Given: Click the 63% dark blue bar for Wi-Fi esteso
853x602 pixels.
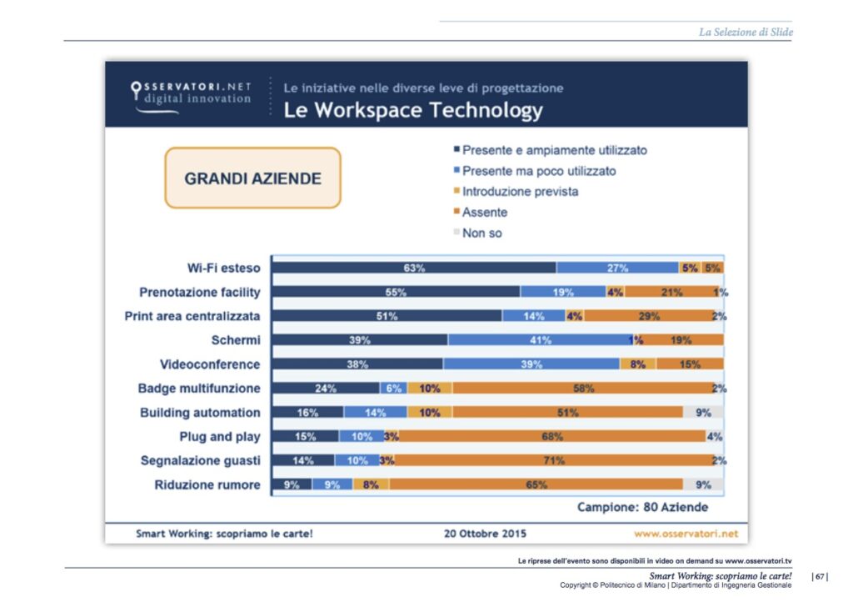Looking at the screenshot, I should point(414,268).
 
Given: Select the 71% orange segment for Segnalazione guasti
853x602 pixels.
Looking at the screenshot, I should point(553,460).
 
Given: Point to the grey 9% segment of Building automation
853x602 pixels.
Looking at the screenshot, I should point(703,413).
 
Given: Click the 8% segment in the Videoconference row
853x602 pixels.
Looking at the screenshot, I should point(637,364).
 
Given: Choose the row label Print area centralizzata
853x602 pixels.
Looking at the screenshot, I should point(192,316).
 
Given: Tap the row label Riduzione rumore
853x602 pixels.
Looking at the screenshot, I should point(207,485).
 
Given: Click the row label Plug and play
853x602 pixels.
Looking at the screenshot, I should point(219,436).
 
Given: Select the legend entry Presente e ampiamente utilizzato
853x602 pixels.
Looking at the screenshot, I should point(554,150).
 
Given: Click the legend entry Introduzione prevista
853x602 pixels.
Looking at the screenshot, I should point(520,192).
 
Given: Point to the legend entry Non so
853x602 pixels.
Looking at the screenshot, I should point(481,233).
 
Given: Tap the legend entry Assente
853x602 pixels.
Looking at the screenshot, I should point(484,213).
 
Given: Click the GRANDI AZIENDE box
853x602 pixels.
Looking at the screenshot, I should point(252,178).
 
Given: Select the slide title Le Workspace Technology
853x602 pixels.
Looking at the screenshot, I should point(413,110).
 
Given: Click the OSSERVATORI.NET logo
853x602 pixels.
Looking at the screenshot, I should point(191,93).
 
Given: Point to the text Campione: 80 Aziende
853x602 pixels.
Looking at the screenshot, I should point(642,507).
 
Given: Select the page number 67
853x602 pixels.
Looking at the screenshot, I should point(820,576).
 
